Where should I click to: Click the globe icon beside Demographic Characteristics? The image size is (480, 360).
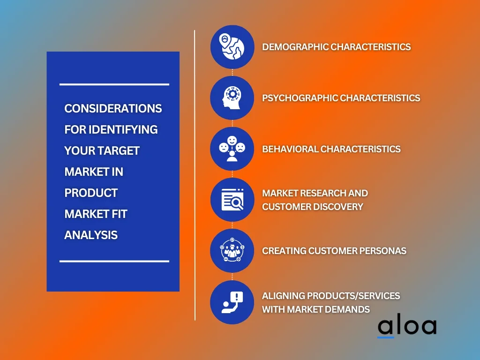tap(232, 47)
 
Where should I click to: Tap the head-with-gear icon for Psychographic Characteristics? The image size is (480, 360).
tap(232, 97)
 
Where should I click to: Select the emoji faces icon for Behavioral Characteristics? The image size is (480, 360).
tap(232, 149)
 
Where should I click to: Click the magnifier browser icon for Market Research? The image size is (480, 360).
tap(232, 200)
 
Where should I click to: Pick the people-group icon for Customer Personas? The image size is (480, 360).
tap(232, 251)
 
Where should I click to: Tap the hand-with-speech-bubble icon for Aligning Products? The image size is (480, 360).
tap(232, 302)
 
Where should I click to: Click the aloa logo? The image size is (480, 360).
tap(407, 327)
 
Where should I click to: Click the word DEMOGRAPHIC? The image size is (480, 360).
tap(295, 47)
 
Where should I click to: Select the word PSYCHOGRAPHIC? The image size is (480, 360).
tap(300, 98)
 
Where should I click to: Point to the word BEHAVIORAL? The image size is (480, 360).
tap(290, 149)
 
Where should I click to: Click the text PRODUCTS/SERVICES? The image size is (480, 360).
tap(353, 296)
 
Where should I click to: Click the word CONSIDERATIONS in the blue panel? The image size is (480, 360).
tap(113, 108)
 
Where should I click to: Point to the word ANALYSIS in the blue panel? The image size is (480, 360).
tap(91, 235)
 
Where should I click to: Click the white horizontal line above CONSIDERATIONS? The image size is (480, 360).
tap(114, 84)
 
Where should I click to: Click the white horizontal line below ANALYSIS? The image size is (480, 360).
tap(114, 261)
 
